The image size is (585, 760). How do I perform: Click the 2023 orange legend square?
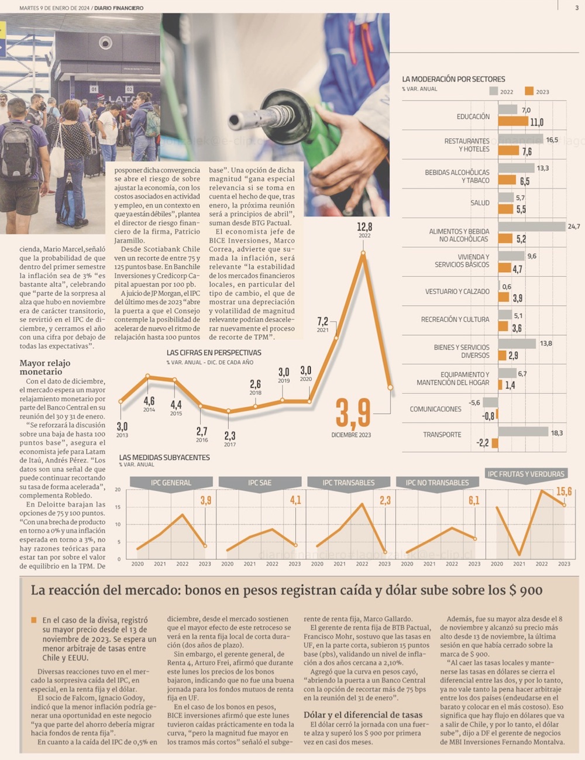529,91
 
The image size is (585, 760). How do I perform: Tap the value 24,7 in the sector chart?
573,226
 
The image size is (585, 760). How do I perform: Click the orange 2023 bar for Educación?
512,122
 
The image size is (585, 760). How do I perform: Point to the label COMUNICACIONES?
435,409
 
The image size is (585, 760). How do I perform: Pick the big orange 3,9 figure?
353,412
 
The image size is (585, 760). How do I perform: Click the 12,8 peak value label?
364,227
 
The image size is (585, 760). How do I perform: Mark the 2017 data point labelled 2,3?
229,411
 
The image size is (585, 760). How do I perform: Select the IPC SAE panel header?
260,483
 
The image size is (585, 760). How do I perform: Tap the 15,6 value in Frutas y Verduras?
563,491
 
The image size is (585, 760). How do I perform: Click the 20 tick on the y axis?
118,490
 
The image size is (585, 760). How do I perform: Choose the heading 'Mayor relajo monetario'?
44,367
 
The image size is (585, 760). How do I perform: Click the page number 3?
576,8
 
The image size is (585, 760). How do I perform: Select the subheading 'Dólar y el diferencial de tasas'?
363,714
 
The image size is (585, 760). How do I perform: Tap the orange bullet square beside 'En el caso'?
34,620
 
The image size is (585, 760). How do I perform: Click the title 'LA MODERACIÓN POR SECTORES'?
453,79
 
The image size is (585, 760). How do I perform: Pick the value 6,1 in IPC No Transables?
473,500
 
